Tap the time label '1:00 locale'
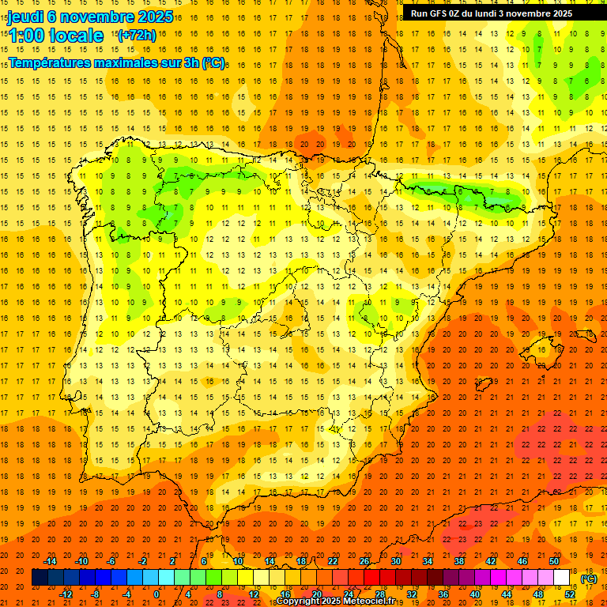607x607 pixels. (56, 36)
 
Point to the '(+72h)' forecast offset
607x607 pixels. (137, 35)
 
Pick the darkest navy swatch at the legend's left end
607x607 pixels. (40, 578)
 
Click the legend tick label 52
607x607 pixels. (570, 594)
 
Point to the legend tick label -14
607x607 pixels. (50, 561)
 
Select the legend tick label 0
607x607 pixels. (156, 594)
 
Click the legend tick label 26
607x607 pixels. (364, 561)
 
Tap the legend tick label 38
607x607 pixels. (459, 561)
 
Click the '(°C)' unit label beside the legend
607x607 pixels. (589, 578)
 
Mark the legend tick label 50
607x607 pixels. (554, 561)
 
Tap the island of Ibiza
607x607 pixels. (483, 384)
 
